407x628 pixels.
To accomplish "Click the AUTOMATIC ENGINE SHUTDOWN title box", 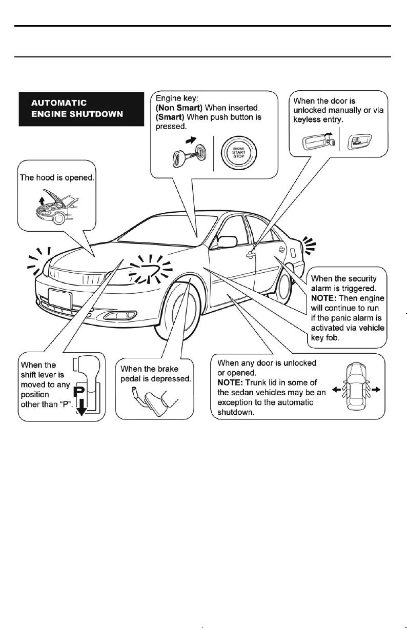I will [81, 108].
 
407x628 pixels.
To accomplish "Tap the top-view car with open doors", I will [356, 390].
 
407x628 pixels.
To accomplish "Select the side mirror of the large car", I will [227, 240].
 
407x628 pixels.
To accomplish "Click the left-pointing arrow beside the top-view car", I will [336, 390].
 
